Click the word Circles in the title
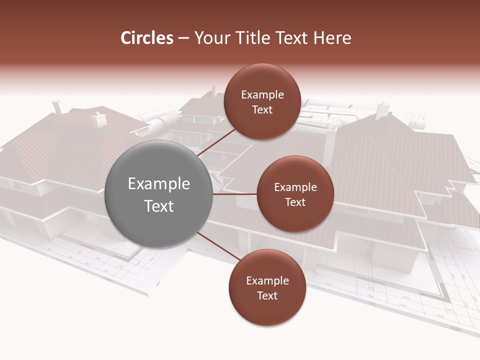click(146, 38)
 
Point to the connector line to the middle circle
click(235, 194)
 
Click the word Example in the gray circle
click(159, 183)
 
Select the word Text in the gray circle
click(159, 206)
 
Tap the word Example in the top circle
click(262, 95)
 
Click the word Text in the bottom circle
click(267, 295)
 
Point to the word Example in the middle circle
click(295, 187)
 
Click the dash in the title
click(183, 38)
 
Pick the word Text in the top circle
click(262, 109)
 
